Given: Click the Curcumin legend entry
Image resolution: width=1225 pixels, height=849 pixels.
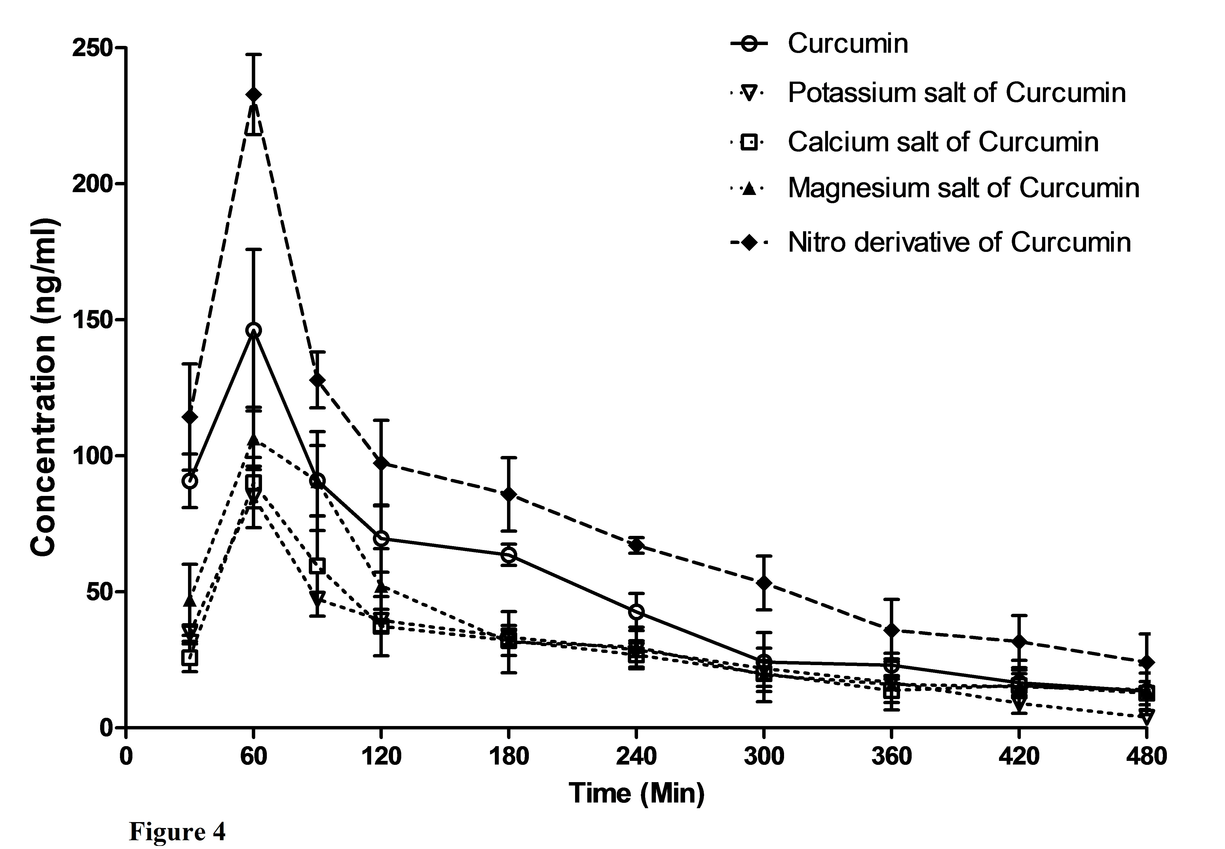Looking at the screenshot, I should pyautogui.click(x=847, y=44).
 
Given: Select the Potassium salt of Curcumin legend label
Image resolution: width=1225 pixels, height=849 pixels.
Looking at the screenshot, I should pyautogui.click(x=956, y=93).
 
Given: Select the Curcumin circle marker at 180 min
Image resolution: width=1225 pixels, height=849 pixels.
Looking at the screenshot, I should pyautogui.click(x=509, y=555).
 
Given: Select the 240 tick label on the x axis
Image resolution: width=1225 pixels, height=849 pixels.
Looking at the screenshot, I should pyautogui.click(x=636, y=756).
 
